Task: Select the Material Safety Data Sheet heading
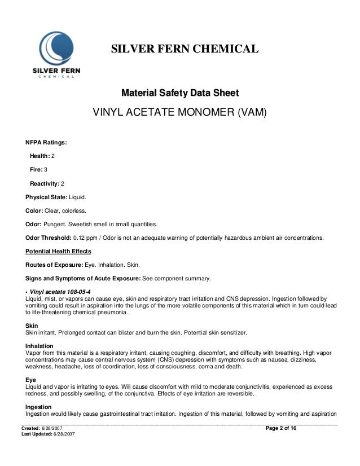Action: coord(180,93)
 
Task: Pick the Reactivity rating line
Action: coord(47,183)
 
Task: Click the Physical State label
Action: coord(46,197)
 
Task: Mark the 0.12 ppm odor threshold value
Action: coord(86,238)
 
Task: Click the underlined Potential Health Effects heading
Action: coord(58,251)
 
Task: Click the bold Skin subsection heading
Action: coord(32,326)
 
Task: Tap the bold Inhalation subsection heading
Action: coord(39,346)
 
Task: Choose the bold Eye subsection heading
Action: coord(31,380)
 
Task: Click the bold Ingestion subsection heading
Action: coord(39,407)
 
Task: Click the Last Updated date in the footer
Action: coord(64,435)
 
